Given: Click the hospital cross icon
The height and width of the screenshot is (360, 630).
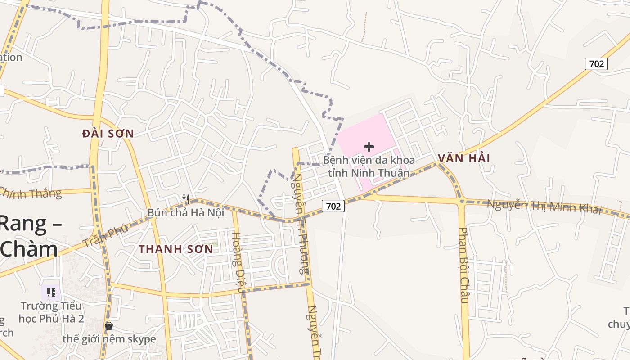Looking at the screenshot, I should [x=369, y=147].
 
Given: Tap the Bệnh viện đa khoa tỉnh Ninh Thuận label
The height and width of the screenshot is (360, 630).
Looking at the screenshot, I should [x=369, y=166].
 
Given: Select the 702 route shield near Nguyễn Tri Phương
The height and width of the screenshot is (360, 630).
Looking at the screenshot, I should [x=333, y=207].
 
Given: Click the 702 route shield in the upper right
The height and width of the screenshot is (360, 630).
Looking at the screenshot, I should [x=596, y=64].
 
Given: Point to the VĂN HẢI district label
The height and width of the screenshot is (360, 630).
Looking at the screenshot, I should [x=463, y=158].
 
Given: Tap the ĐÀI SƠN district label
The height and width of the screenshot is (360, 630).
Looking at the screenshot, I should [x=108, y=134].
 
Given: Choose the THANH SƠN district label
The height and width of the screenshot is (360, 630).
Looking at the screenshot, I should [x=175, y=249].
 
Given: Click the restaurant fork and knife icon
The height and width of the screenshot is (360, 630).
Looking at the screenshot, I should [x=186, y=199].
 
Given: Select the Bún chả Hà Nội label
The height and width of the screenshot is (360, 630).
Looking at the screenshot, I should [x=185, y=212].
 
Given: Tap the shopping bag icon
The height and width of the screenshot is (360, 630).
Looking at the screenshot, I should [x=108, y=325].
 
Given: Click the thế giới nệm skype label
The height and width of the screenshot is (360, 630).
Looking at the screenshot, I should [x=109, y=339].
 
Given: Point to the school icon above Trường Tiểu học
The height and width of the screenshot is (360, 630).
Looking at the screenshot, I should [x=51, y=293].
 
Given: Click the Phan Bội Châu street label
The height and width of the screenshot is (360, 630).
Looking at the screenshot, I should [x=464, y=265].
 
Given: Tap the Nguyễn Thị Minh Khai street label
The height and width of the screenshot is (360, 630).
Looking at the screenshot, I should [x=544, y=207].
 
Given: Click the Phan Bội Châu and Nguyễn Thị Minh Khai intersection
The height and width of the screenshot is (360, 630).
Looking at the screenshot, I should [x=461, y=201].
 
